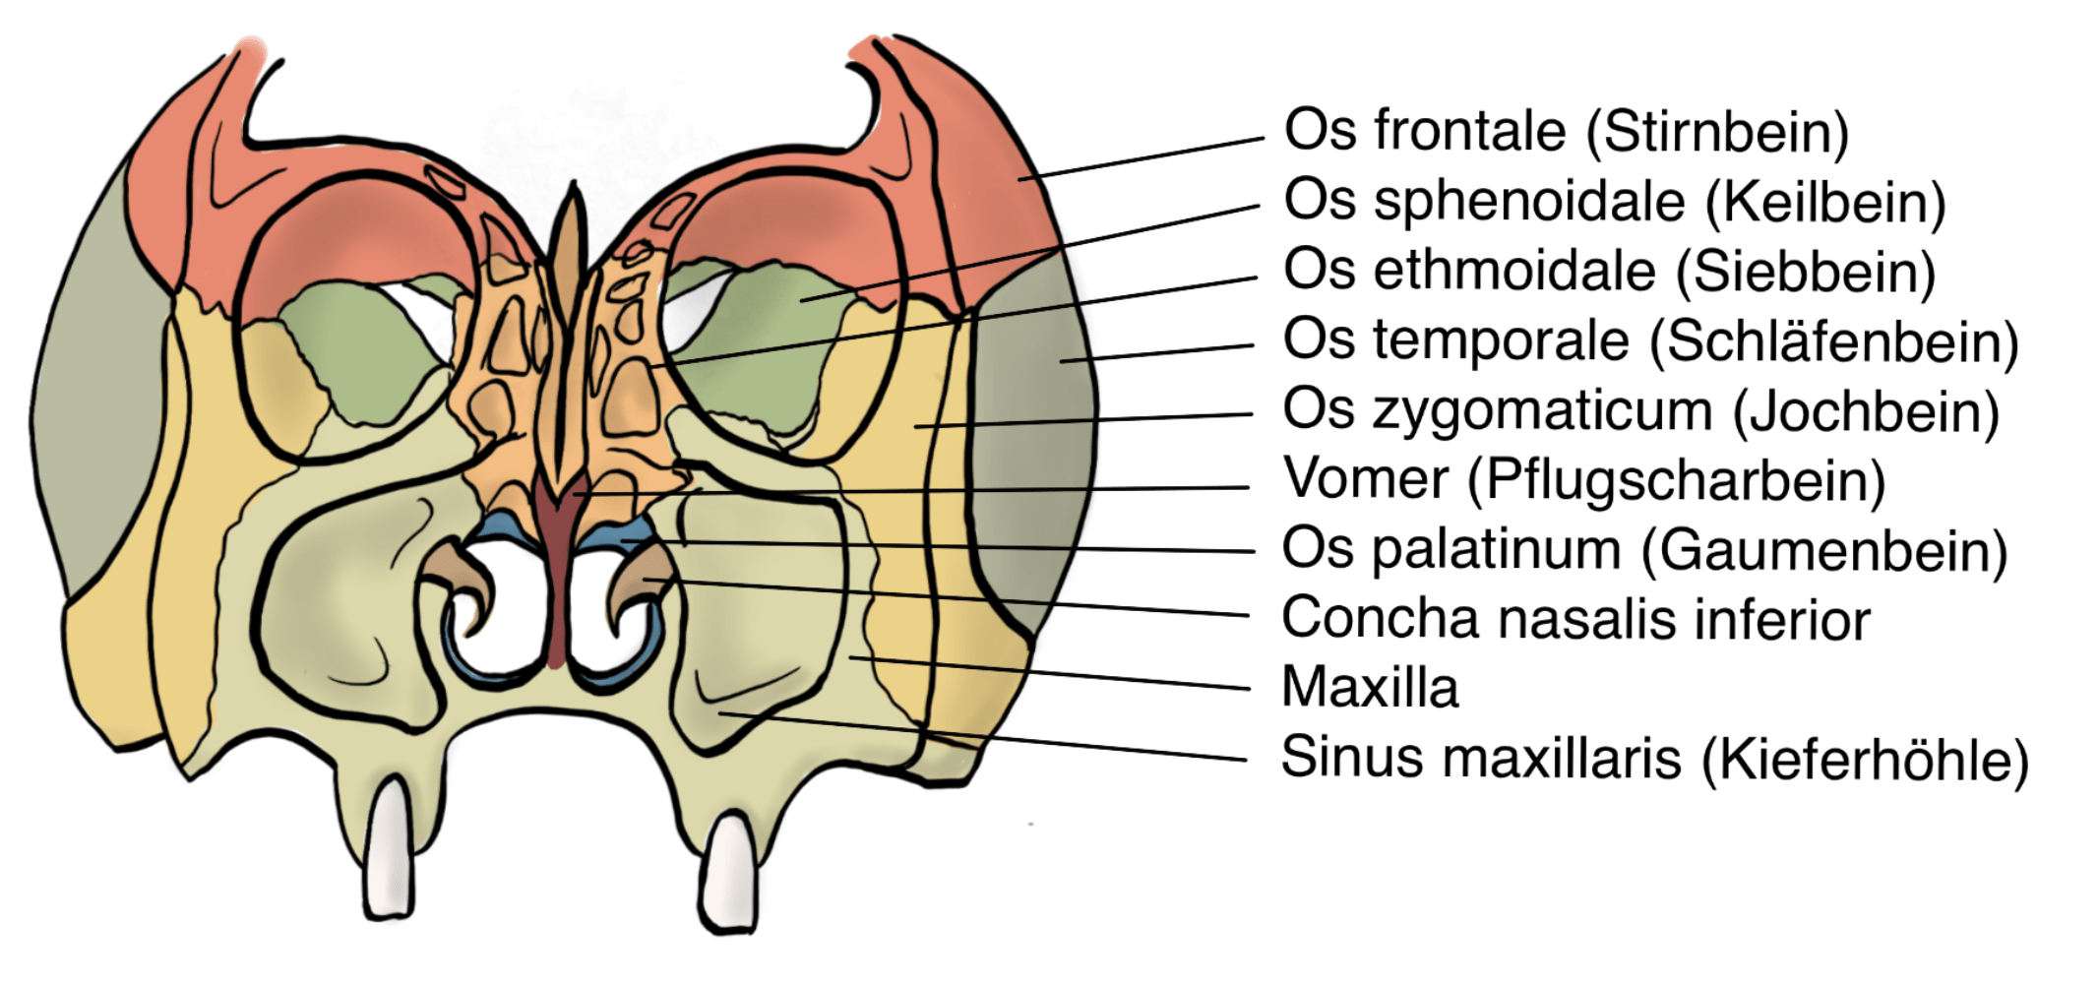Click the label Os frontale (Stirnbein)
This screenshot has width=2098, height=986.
[x=1566, y=131]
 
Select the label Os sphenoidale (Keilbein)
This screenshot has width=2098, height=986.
[x=1614, y=201]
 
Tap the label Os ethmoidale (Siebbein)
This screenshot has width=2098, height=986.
[x=1609, y=271]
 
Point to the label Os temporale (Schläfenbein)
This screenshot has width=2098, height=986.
[x=1650, y=341]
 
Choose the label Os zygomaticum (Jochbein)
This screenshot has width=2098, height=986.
[x=1640, y=410]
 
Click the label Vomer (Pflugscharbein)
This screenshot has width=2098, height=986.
[x=1583, y=480]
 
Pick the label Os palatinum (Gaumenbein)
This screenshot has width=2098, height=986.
[x=1643, y=549]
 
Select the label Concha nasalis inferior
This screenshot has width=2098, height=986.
[x=1574, y=619]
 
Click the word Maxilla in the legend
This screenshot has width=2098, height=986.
[x=1369, y=687]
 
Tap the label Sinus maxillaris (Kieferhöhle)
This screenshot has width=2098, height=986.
[x=1654, y=759]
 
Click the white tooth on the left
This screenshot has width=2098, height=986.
[x=390, y=851]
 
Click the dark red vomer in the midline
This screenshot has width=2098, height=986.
[x=557, y=571]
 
